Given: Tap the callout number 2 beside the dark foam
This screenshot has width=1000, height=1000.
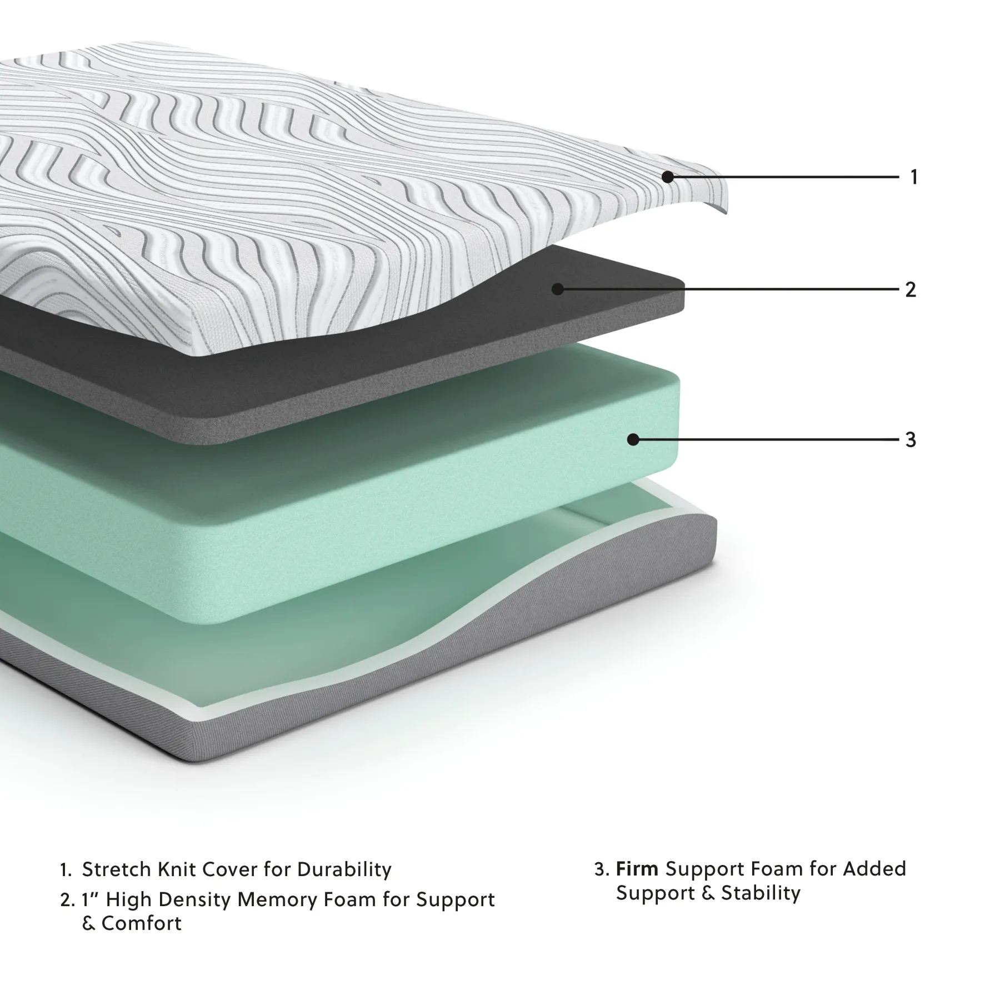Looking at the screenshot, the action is click(911, 289).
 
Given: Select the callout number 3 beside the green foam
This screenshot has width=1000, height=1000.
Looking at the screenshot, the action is click(911, 439).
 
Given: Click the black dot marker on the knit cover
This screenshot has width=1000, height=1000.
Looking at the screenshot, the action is click(668, 177).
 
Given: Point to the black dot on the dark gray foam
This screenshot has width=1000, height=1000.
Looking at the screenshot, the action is click(558, 289).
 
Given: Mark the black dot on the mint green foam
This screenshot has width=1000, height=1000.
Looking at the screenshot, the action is click(633, 439).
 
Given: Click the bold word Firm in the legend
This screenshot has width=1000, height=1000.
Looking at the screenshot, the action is click(637, 868).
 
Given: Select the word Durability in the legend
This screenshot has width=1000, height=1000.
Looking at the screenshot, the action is click(344, 869).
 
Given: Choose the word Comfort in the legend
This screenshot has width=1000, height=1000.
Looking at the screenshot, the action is click(142, 923).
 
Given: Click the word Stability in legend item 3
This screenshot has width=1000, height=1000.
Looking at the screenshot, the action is click(761, 893).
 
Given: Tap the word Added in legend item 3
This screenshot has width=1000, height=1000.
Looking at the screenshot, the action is click(874, 868).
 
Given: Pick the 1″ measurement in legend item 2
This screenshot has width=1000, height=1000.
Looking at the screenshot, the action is click(89, 899).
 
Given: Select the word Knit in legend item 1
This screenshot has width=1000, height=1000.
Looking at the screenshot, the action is click(177, 869).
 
